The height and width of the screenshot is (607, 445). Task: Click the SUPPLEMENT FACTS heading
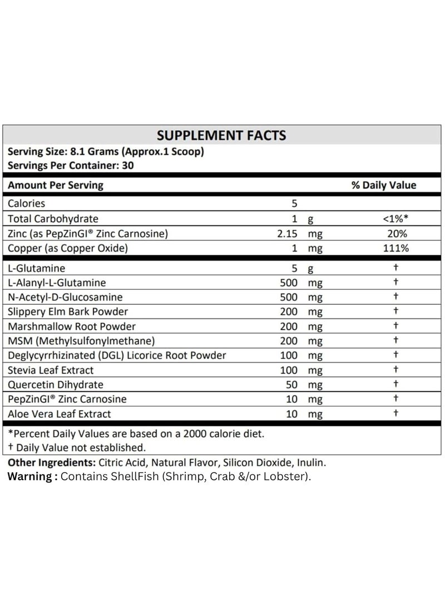tap(221, 135)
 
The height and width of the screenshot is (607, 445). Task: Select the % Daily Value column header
tap(383, 185)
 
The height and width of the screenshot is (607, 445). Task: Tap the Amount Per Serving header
tap(55, 185)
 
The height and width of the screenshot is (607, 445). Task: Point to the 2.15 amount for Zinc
tap(289, 234)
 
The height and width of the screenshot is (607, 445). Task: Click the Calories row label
tap(26, 204)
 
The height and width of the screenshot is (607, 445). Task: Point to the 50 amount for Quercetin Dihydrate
tap(293, 384)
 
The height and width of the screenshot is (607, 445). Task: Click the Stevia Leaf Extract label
tap(51, 370)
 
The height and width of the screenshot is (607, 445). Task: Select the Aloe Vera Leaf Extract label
tap(59, 413)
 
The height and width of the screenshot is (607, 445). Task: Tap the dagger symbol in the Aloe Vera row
tap(395, 413)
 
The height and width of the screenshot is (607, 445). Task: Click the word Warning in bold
tap(29, 477)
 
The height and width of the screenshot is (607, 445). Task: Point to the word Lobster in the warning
tap(289, 477)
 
